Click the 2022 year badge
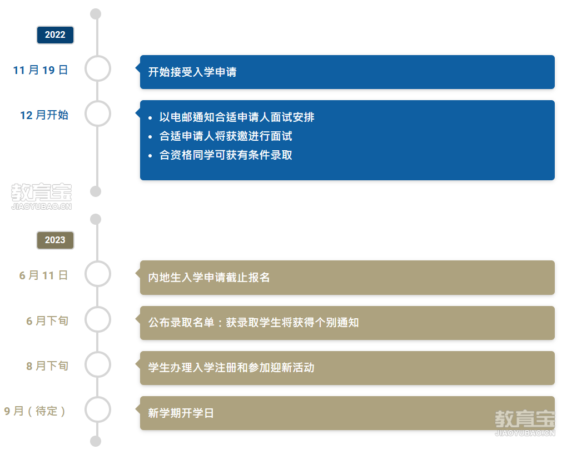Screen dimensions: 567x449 tap(55, 34)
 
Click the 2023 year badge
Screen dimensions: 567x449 tap(55, 240)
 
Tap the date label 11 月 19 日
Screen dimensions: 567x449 tap(41, 70)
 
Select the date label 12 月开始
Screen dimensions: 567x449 tap(44, 115)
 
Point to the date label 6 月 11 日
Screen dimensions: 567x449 tap(43, 275)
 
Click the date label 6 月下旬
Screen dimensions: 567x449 tap(47, 320)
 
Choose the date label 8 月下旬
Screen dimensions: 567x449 tap(47, 366)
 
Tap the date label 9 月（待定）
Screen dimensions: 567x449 tap(34, 411)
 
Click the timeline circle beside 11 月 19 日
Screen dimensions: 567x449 tap(98, 68)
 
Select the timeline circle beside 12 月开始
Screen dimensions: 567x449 tap(98, 114)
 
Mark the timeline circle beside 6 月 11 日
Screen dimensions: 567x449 tap(98, 274)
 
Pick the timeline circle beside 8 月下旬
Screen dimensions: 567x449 tap(98, 364)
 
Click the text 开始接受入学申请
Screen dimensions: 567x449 tap(192, 72)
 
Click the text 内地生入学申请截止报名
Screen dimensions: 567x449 tap(209, 278)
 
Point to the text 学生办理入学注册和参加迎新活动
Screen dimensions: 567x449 tap(231, 368)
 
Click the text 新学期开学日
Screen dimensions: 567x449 tap(181, 413)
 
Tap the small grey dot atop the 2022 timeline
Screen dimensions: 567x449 tap(96, 14)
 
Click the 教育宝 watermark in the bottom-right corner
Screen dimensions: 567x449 tap(525, 423)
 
